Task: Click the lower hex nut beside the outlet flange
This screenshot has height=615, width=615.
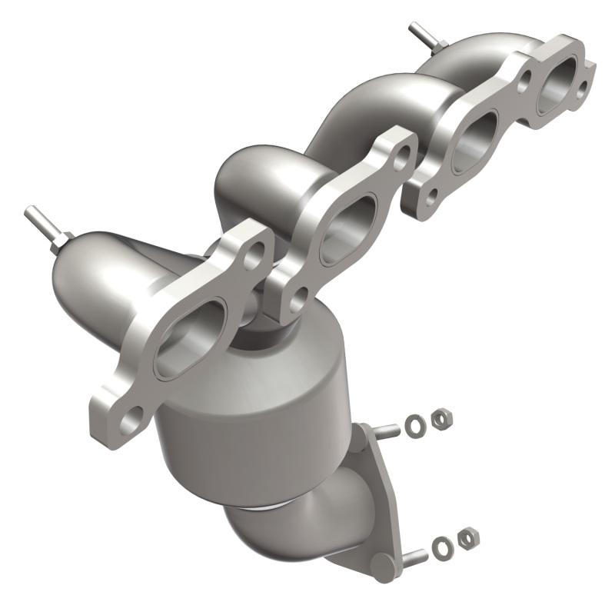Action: pos(465,539)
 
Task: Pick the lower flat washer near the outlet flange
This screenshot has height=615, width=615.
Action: pos(442,547)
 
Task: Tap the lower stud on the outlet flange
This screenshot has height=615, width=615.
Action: pos(414,555)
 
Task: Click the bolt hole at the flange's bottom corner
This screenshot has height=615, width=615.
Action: pos(131,421)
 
